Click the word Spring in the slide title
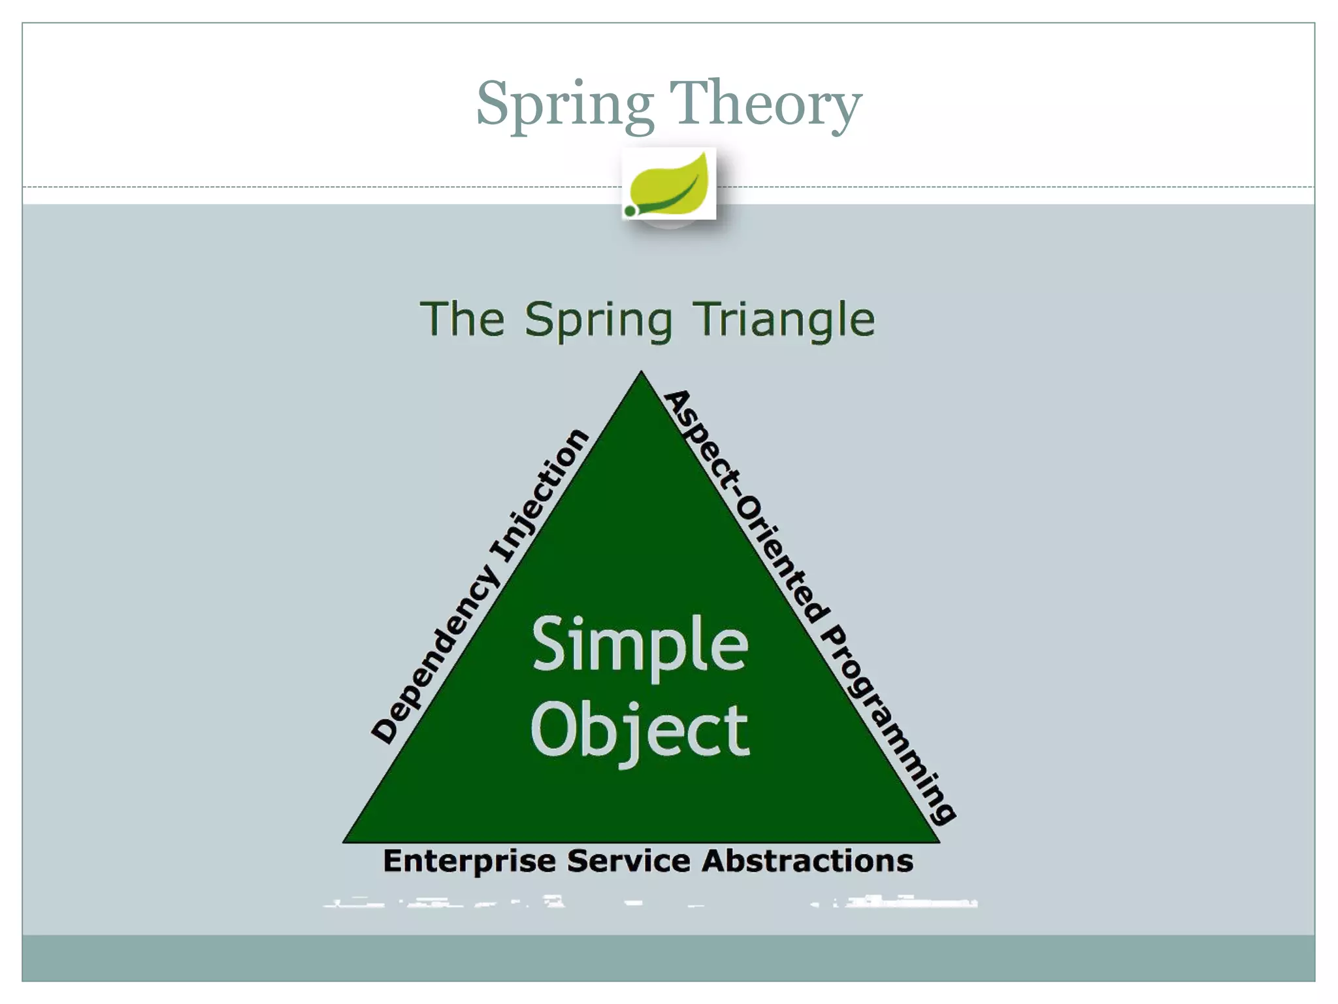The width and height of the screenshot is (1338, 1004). click(565, 105)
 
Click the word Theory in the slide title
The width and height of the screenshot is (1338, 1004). click(765, 105)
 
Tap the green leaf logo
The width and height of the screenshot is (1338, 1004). click(670, 184)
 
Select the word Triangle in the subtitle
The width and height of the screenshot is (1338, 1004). click(784, 320)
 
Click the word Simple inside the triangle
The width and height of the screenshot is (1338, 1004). click(640, 646)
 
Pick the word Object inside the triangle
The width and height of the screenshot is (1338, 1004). click(640, 731)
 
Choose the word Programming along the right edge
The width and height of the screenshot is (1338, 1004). click(889, 726)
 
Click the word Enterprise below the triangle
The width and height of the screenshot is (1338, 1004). click(469, 862)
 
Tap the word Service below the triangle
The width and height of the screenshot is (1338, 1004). click(628, 861)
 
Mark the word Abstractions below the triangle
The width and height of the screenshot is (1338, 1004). click(808, 861)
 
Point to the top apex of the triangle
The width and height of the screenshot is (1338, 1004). click(641, 373)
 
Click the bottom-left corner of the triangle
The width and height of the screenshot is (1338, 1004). click(345, 841)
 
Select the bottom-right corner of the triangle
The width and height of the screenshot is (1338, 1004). click(938, 841)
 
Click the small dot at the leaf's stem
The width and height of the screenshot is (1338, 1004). click(630, 210)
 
